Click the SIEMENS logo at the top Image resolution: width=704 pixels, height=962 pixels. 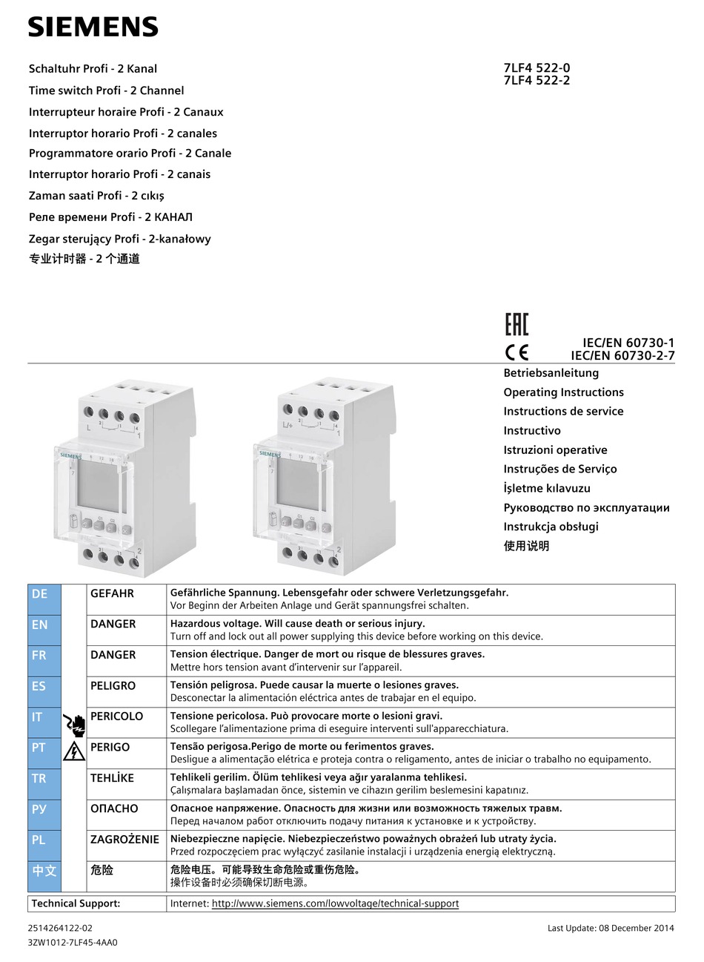click(93, 27)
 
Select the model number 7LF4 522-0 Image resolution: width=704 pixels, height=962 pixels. click(537, 68)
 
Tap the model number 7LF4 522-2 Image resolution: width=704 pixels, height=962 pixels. click(537, 81)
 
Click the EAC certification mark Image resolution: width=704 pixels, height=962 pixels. click(517, 325)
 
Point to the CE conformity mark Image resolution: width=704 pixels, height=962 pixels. click(517, 352)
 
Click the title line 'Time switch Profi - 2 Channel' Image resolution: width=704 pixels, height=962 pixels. click(106, 90)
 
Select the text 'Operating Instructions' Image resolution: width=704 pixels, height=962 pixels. click(563, 392)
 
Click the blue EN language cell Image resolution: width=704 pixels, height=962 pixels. click(44, 630)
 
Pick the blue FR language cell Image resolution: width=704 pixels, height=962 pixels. click(44, 661)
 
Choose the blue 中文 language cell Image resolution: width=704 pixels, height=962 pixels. click(44, 876)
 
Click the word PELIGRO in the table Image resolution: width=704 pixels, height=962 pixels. click(113, 686)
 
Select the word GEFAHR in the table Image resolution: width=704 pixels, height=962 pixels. click(112, 593)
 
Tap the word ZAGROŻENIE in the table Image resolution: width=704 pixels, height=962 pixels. click(124, 840)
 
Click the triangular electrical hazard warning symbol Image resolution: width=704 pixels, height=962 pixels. click(74, 751)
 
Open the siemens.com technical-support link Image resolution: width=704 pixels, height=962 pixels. click(335, 903)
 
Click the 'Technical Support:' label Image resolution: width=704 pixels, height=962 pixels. click(76, 903)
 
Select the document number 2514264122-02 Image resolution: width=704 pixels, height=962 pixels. click(61, 928)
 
